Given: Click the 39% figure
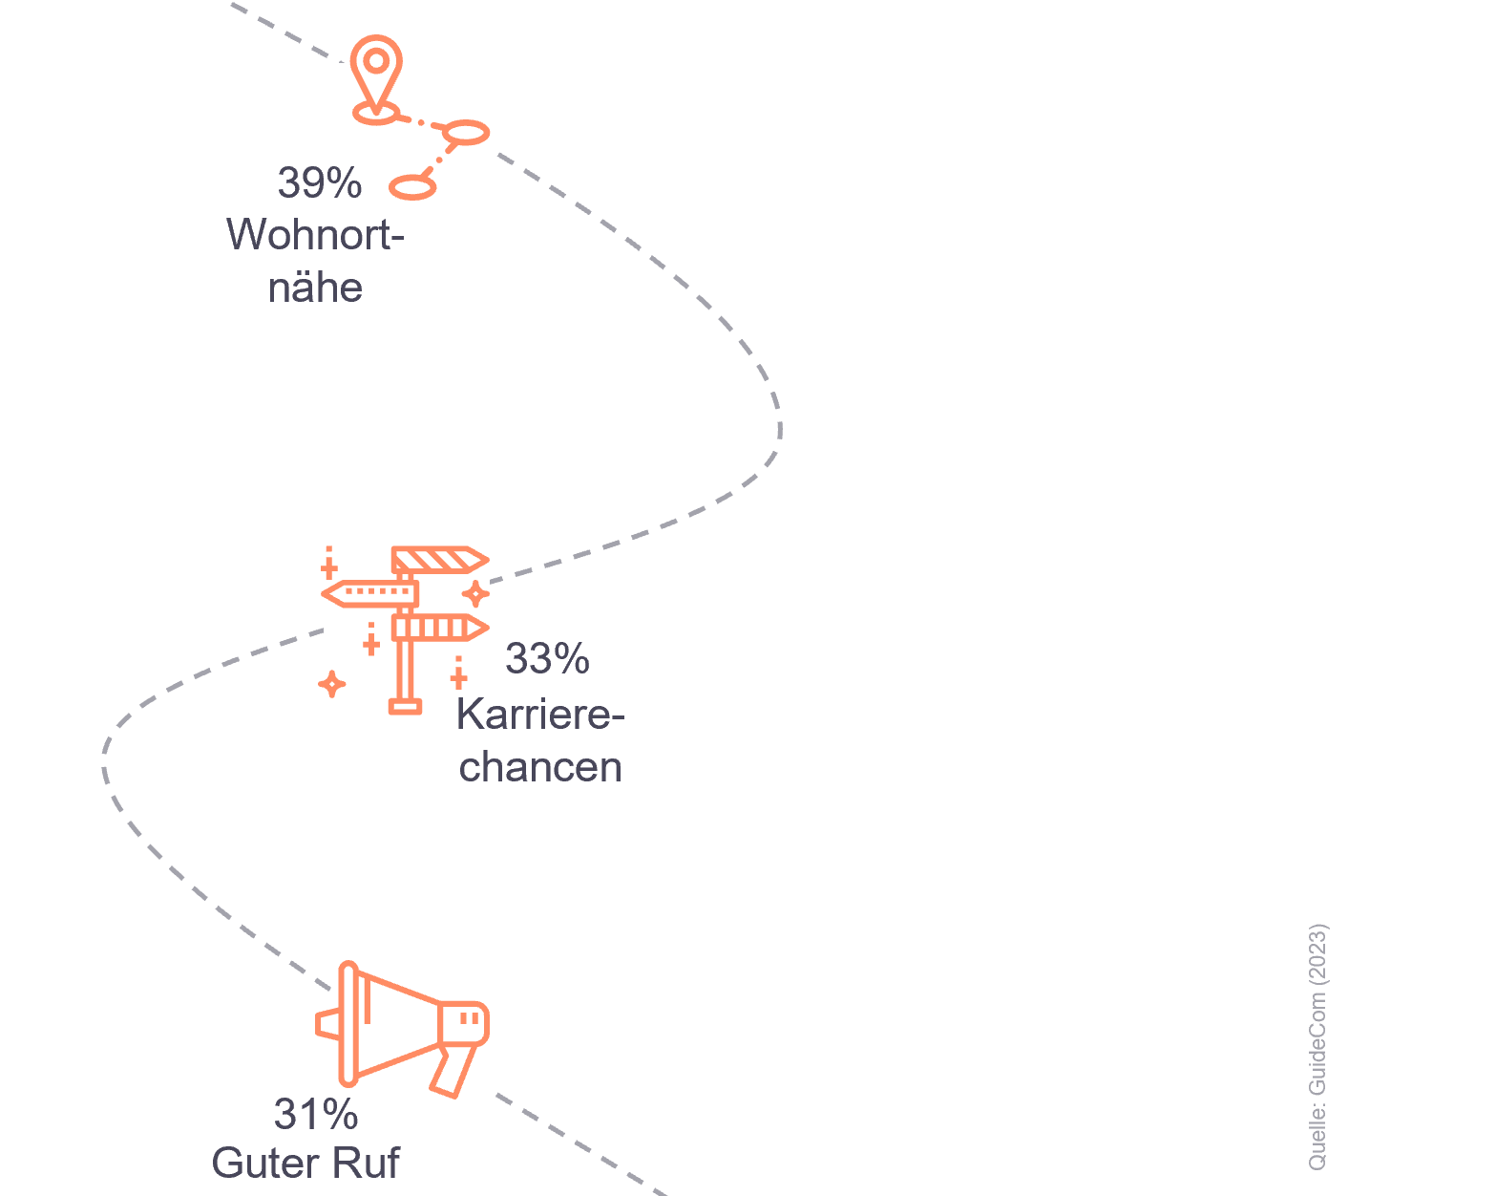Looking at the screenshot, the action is (320, 183).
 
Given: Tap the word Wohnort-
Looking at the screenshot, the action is (315, 234).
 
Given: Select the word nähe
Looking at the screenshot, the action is (316, 288).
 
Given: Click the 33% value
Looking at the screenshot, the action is (547, 658).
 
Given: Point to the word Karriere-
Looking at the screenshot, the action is (541, 714).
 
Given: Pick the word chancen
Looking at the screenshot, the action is (540, 767).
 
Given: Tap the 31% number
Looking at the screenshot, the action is (316, 1114).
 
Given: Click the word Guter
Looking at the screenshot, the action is (265, 1163).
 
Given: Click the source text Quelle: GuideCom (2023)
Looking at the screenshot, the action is (1317, 1047).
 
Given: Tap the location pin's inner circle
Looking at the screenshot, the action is (376, 61).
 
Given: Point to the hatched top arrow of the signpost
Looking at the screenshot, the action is (440, 560).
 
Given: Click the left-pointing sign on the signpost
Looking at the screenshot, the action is (369, 593).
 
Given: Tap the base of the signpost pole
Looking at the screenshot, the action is (406, 708).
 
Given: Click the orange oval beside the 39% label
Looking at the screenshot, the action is (412, 187).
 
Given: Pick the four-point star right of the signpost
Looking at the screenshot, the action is (475, 593).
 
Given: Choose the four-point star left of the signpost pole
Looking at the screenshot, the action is (331, 684).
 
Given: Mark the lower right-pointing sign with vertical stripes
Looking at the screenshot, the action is (440, 628).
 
